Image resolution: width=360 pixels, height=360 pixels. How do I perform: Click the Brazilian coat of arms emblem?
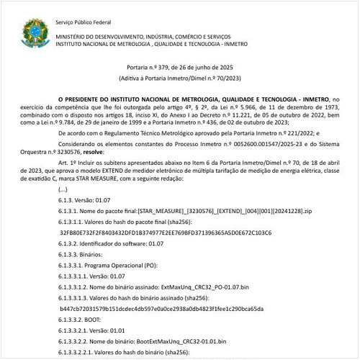coord(33,32)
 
